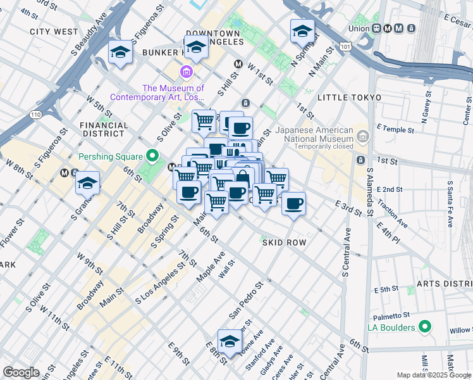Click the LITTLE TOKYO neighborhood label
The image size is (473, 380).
pyautogui.click(x=350, y=98)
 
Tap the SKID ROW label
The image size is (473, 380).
pyautogui.click(x=285, y=243)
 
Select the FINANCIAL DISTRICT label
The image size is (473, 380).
pyautogui.click(x=103, y=129)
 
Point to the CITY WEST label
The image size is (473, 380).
pyautogui.click(x=54, y=31)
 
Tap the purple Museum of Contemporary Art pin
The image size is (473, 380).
pyautogui.click(x=186, y=71)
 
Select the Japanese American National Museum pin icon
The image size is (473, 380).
pyautogui.click(x=362, y=136)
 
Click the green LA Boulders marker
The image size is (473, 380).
pyautogui.click(x=426, y=327)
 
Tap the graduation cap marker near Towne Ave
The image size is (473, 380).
pyautogui.click(x=230, y=341)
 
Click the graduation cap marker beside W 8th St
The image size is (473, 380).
pyautogui.click(x=87, y=183)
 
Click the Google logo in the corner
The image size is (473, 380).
pyautogui.click(x=21, y=372)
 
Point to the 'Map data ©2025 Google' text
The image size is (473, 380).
pyautogui.click(x=434, y=375)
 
